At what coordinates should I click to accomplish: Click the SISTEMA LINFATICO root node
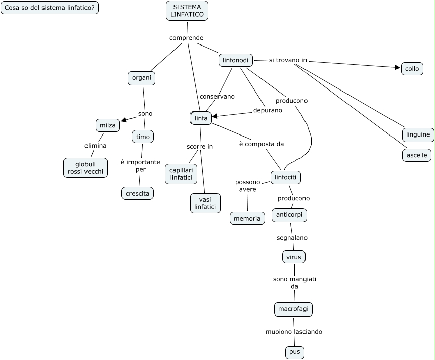click(187, 11)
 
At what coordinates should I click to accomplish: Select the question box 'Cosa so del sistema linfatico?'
click(50, 8)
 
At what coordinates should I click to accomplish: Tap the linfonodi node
click(236, 60)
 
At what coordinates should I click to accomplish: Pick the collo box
click(412, 69)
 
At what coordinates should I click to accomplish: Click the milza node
click(108, 125)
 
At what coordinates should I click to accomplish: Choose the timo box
click(143, 137)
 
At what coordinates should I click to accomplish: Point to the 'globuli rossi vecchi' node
click(85, 168)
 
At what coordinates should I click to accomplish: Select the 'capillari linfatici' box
click(181, 174)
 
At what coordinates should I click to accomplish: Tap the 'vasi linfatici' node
click(205, 203)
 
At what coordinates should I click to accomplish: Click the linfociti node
click(286, 177)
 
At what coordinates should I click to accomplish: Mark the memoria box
click(247, 218)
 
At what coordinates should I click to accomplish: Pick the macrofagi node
click(293, 308)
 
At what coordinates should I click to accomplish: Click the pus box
click(295, 352)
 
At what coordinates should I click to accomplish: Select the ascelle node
click(417, 155)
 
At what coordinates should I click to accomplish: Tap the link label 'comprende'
click(186, 38)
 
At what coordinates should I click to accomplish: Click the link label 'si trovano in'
click(288, 60)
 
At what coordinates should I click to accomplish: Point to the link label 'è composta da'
click(261, 144)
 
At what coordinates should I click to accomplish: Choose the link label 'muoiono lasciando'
click(294, 332)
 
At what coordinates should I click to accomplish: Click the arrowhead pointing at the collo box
click(398, 67)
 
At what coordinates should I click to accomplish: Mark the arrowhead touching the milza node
click(123, 120)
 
